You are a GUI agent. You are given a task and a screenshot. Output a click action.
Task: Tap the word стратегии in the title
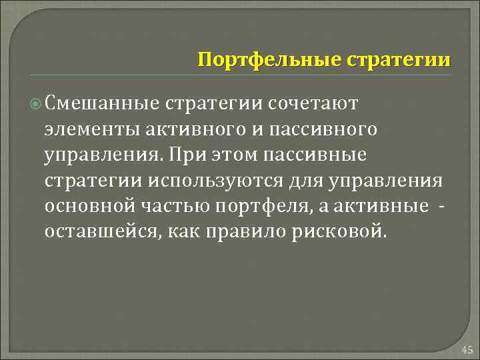coord(399,60)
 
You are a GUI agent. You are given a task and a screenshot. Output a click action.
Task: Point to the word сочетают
coord(313,103)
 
